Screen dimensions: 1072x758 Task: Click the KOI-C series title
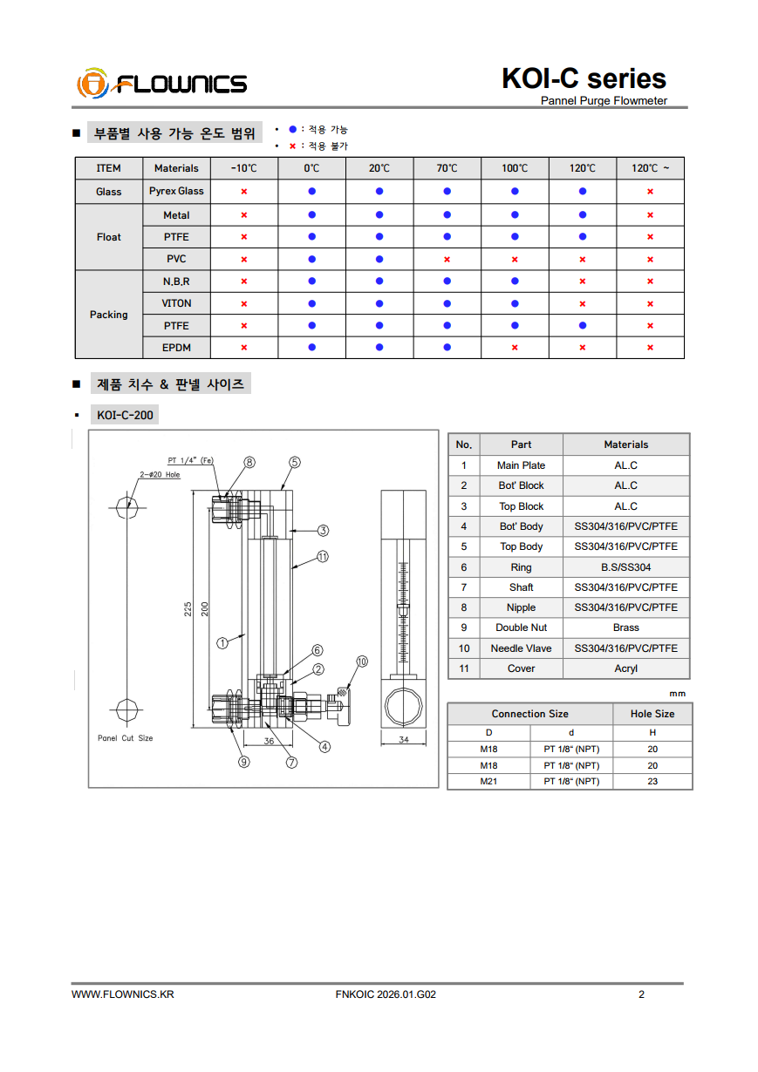tap(584, 78)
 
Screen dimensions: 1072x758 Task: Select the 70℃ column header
tap(447, 168)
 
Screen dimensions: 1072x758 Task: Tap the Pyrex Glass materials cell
tap(176, 191)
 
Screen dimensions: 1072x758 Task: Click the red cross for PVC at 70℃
tap(447, 259)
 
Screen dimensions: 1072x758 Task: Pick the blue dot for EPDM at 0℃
tap(311, 348)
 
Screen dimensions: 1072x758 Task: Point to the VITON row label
tap(176, 303)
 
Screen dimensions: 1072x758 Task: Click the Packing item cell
tap(109, 315)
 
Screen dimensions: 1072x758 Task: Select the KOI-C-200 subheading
tap(125, 415)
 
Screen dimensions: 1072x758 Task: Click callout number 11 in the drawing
tap(322, 556)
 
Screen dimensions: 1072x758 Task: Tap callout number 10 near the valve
tap(362, 662)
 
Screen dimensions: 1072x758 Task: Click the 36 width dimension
tap(269, 741)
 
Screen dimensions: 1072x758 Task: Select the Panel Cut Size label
tap(125, 738)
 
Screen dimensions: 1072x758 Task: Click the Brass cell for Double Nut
tap(625, 628)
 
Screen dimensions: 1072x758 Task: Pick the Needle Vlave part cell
tap(521, 648)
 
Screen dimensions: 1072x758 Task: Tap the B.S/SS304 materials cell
tap(625, 567)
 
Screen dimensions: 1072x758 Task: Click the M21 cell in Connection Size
tap(488, 782)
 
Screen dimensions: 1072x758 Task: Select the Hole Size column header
tap(652, 714)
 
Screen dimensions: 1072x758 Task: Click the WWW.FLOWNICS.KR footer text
tap(122, 994)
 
